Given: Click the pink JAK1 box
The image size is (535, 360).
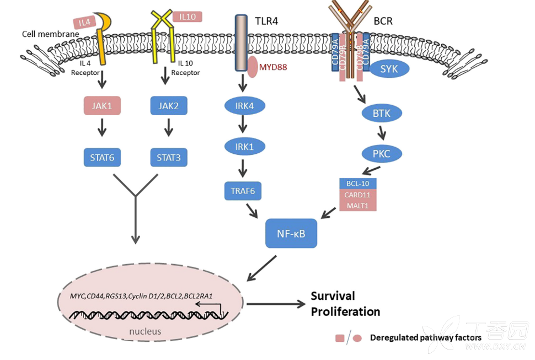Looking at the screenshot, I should (102, 105).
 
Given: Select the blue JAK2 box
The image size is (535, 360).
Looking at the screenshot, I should (169, 105).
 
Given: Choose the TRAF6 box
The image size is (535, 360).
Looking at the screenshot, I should (243, 191).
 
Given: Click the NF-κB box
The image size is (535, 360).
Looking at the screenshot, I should (292, 234).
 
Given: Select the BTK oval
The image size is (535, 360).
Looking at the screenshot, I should (382, 114).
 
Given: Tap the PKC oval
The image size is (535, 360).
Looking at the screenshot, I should (382, 154).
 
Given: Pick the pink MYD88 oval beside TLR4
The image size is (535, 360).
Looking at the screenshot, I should (252, 66).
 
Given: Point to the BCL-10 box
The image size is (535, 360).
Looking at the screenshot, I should (358, 184).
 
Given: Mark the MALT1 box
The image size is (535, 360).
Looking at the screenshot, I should (358, 205).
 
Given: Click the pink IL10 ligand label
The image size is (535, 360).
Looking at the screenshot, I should (187, 17).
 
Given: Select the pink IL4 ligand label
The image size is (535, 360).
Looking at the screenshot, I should (84, 23).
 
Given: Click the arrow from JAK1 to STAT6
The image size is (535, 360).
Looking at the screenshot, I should (102, 131).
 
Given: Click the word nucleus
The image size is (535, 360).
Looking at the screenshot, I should (145, 331).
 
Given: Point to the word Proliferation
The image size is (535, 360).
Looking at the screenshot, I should (345, 311).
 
